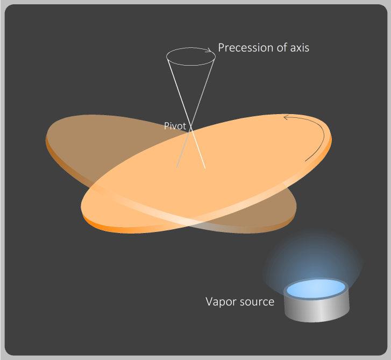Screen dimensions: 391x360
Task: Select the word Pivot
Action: (175, 126)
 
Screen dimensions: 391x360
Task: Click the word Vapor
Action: (221, 302)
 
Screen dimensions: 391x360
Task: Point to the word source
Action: (257, 302)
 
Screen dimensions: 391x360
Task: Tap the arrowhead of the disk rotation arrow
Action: (286, 117)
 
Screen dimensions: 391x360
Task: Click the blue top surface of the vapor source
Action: (316, 288)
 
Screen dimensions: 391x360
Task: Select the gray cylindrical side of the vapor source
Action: (317, 310)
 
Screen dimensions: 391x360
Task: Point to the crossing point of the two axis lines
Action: (191, 128)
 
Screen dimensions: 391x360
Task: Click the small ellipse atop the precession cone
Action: (191, 57)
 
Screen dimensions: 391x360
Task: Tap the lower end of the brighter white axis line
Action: (205, 168)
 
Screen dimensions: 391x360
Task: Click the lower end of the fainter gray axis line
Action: (176, 168)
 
